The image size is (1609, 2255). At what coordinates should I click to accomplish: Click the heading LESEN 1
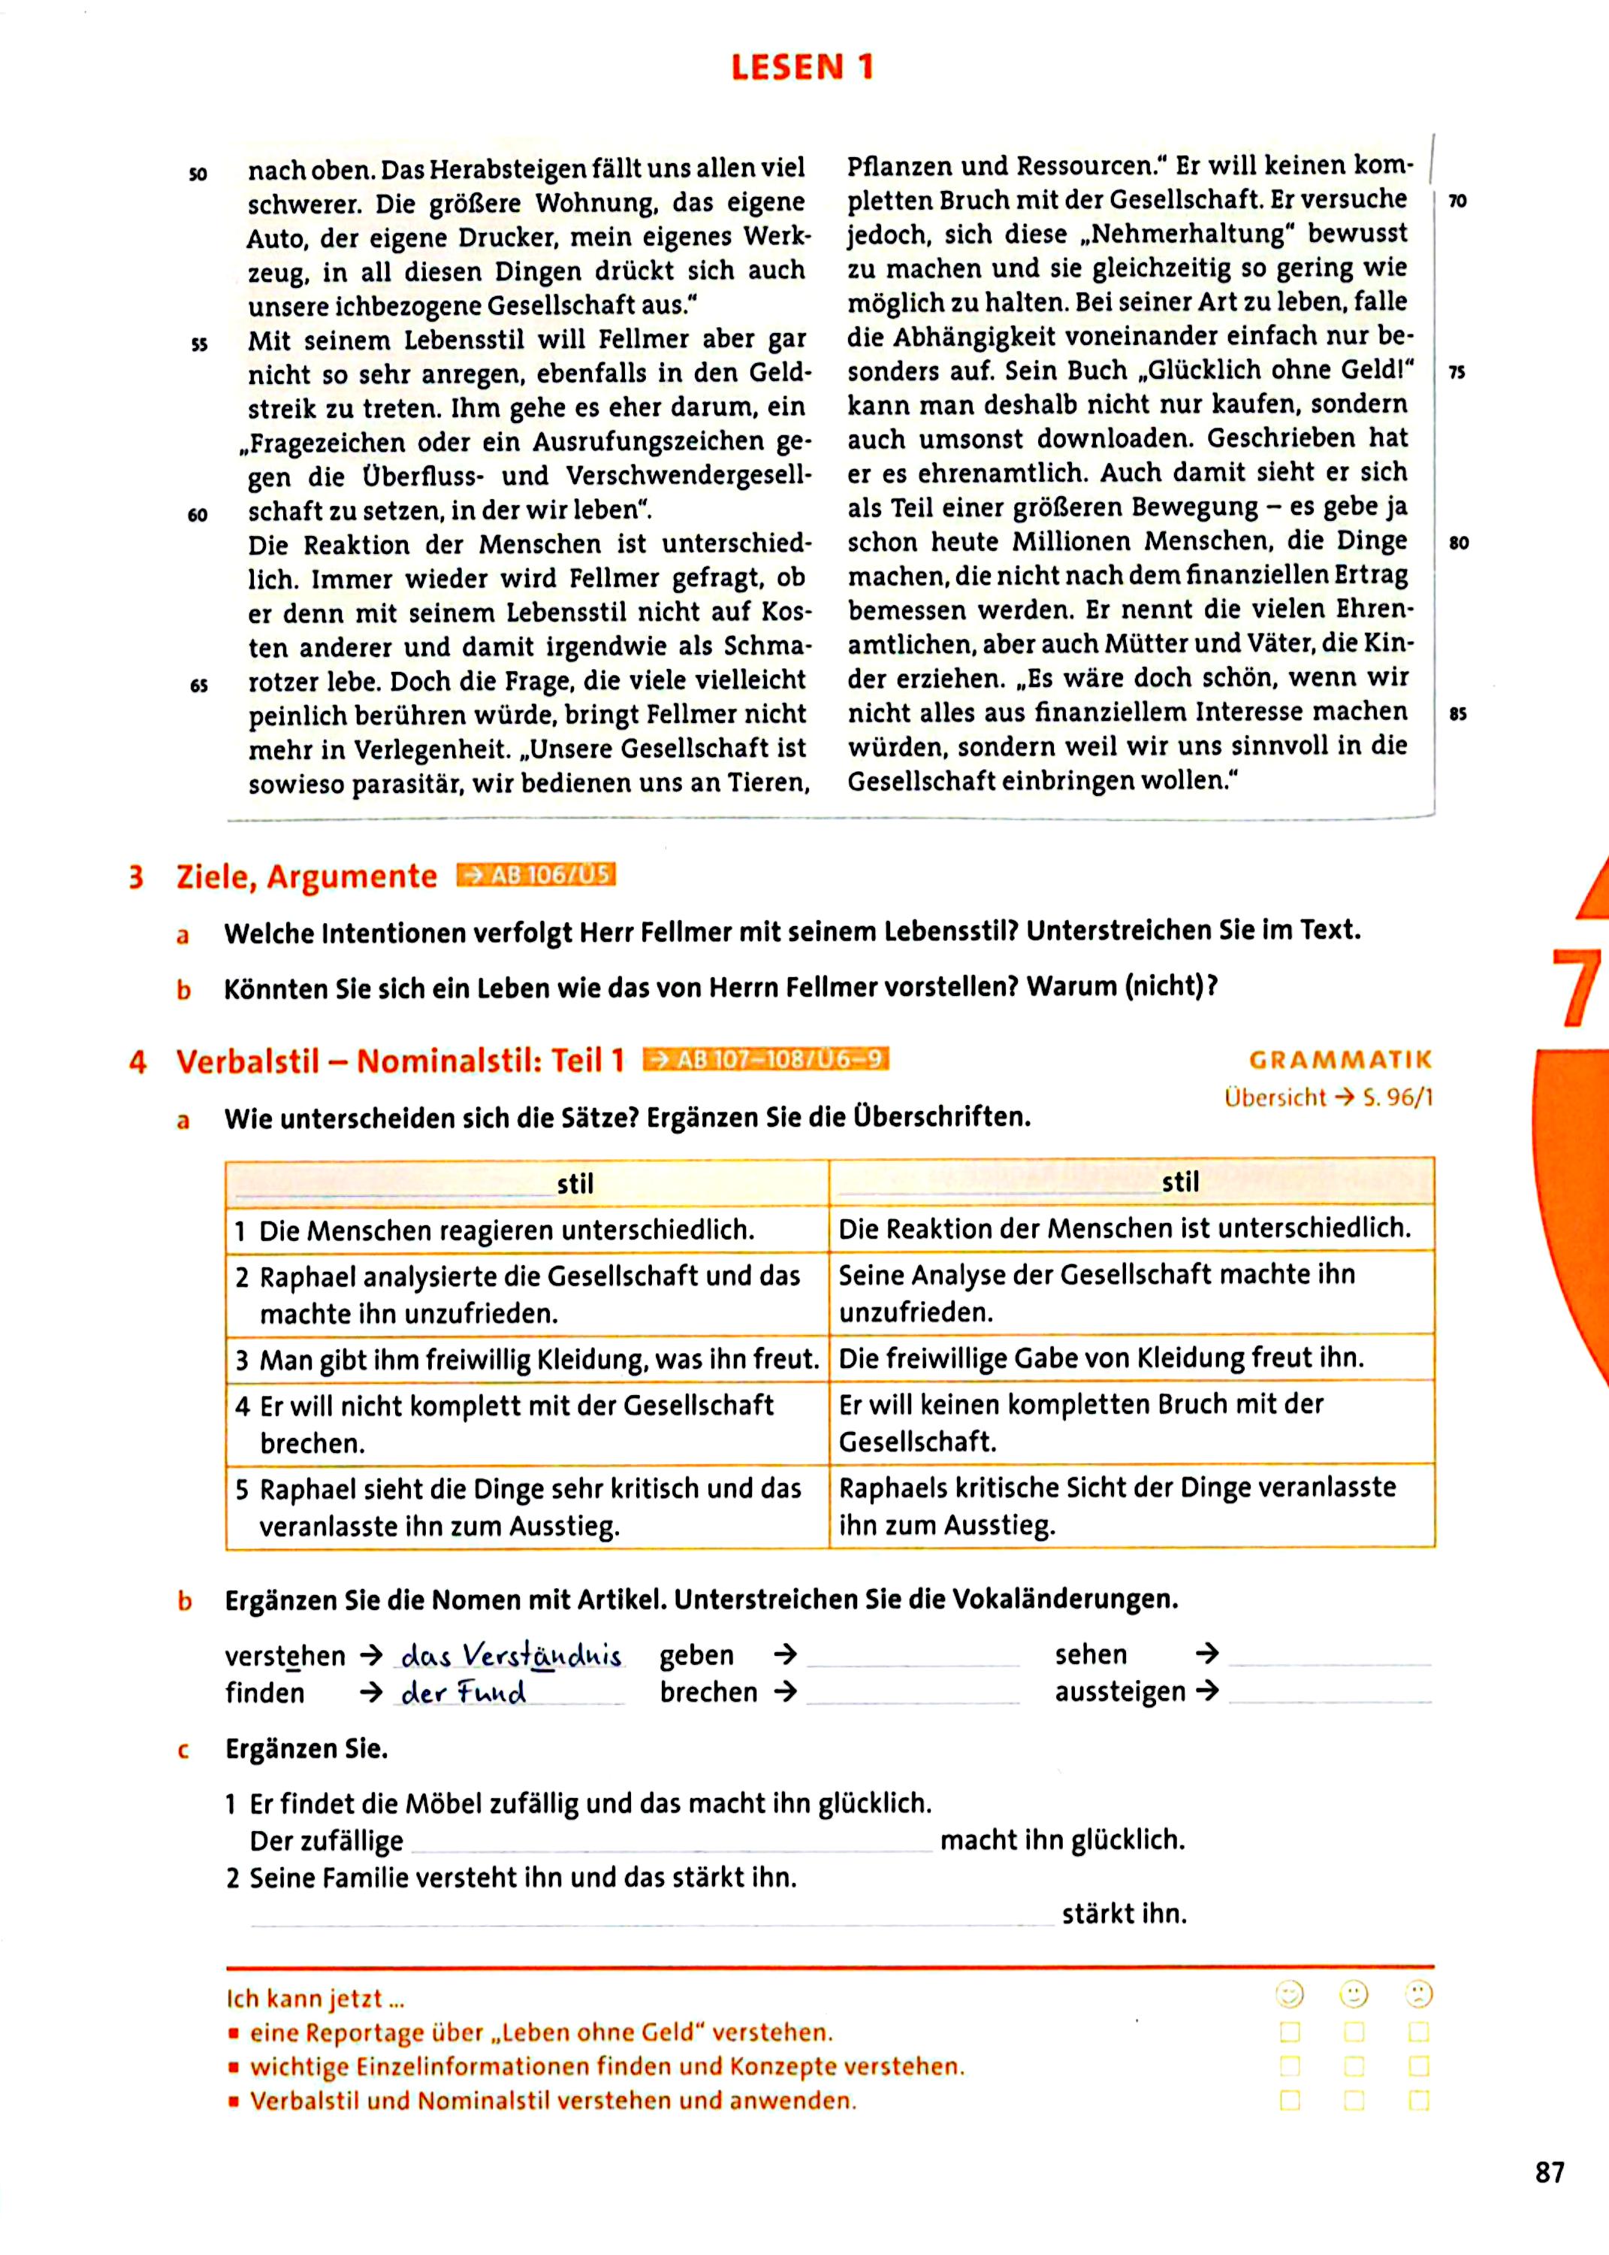(802, 68)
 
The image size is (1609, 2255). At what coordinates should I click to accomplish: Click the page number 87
(1550, 2172)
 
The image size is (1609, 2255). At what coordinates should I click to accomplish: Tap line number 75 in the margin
(1457, 373)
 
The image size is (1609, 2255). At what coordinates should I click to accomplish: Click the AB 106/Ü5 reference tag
(536, 875)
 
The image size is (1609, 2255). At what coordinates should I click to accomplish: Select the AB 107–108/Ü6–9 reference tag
(766, 1060)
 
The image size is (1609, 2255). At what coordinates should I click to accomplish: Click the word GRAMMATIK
(1341, 1060)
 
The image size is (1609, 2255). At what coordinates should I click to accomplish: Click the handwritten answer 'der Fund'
(463, 1693)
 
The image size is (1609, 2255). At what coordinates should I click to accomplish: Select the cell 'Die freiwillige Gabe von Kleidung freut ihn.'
(1100, 1357)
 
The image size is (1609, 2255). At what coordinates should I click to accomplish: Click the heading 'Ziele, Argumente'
(306, 876)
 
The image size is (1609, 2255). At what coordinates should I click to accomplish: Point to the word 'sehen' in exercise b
(1091, 1654)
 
